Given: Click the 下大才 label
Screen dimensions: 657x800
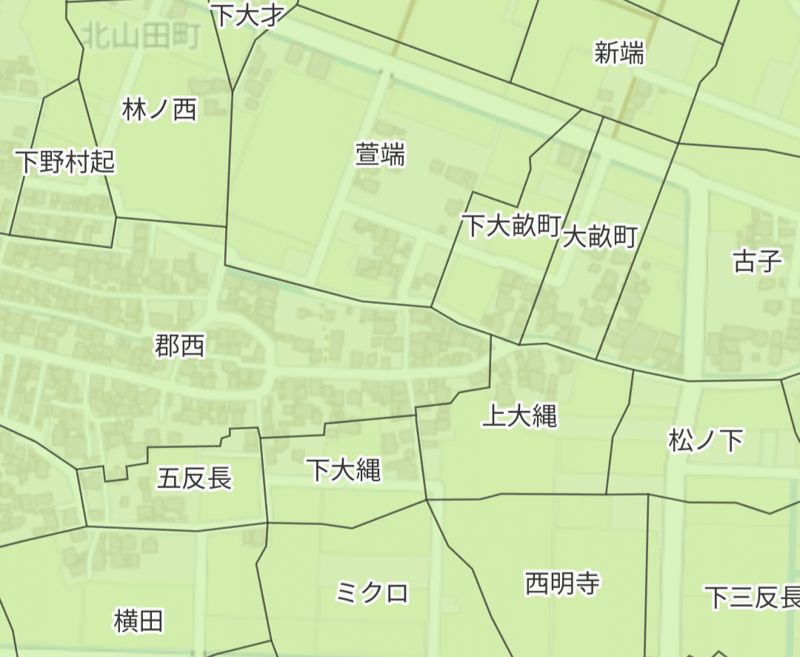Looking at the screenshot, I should [247, 15].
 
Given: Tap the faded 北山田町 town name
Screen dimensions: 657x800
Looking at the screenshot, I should [141, 36].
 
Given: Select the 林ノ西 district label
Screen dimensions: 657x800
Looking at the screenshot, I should [160, 110].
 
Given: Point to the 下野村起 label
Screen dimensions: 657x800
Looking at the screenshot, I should [66, 161].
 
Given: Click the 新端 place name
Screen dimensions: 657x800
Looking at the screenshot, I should [619, 53].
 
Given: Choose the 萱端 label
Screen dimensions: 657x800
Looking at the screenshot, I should [380, 156].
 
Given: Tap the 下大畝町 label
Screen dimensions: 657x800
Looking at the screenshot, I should [510, 226].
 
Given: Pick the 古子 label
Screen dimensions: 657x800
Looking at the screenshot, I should [757, 261].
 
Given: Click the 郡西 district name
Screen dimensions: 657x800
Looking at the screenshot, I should [180, 345].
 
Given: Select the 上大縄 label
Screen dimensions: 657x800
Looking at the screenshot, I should [519, 416].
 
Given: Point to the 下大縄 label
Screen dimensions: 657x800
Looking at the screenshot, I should [344, 469].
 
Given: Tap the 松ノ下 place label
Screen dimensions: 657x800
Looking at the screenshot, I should [705, 441].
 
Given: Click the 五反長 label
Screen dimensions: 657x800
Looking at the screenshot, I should [194, 478].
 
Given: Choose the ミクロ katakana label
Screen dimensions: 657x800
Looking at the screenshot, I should [372, 593].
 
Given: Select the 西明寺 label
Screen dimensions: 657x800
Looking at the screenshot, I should [562, 584].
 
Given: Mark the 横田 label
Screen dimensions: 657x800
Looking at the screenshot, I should [139, 621].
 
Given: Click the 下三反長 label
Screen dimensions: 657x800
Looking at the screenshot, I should [752, 597].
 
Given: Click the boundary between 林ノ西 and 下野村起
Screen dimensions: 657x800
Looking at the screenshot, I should [96, 148].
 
